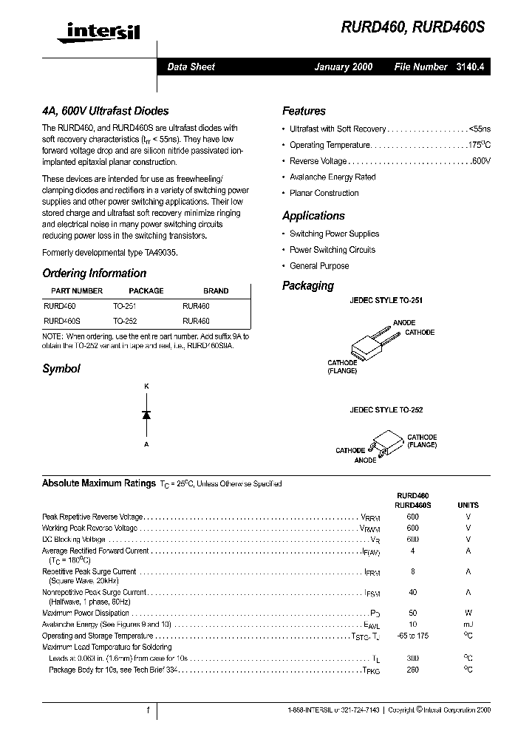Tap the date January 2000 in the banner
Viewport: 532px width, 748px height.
344,67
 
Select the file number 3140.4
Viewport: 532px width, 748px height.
470,67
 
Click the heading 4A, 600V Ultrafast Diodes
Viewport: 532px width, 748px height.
105,111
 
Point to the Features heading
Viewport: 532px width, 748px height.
304,111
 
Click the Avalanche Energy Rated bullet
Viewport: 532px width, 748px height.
332,177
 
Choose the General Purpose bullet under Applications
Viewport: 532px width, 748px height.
319,266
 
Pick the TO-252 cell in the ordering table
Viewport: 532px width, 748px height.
125,322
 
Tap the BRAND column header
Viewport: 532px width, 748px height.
216,290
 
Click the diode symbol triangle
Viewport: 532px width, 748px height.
146,415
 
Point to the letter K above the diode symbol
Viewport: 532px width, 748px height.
146,387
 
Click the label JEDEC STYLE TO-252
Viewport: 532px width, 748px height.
386,409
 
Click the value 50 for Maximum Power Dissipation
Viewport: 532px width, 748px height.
412,613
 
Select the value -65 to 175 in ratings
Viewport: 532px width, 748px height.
412,636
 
